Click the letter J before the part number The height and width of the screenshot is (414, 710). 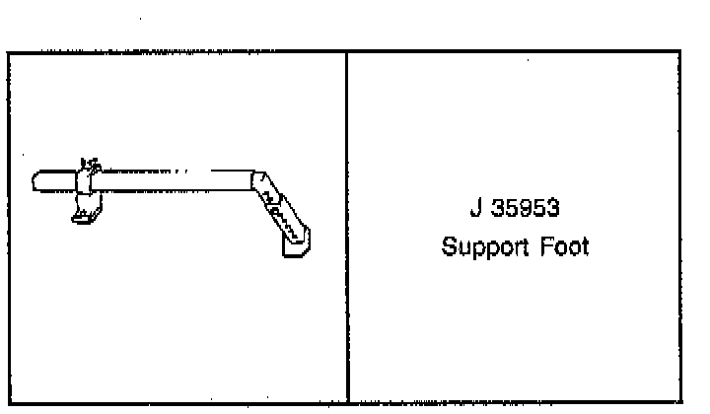coord(474,210)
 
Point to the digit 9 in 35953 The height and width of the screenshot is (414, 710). coord(524,210)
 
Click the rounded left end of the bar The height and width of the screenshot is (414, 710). coord(36,183)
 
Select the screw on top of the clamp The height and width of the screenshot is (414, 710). coord(89,164)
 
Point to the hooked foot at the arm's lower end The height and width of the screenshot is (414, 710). coord(297,242)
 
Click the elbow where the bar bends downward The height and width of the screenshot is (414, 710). coord(258,182)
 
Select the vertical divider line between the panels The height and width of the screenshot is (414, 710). coord(347,227)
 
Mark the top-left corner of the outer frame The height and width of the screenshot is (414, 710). coord(8,51)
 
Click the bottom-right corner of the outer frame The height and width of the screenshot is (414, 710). coord(680,401)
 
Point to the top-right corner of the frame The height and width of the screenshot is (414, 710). coord(680,51)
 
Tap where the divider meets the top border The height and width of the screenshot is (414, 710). coord(347,51)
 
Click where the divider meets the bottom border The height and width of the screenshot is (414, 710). coord(347,401)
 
